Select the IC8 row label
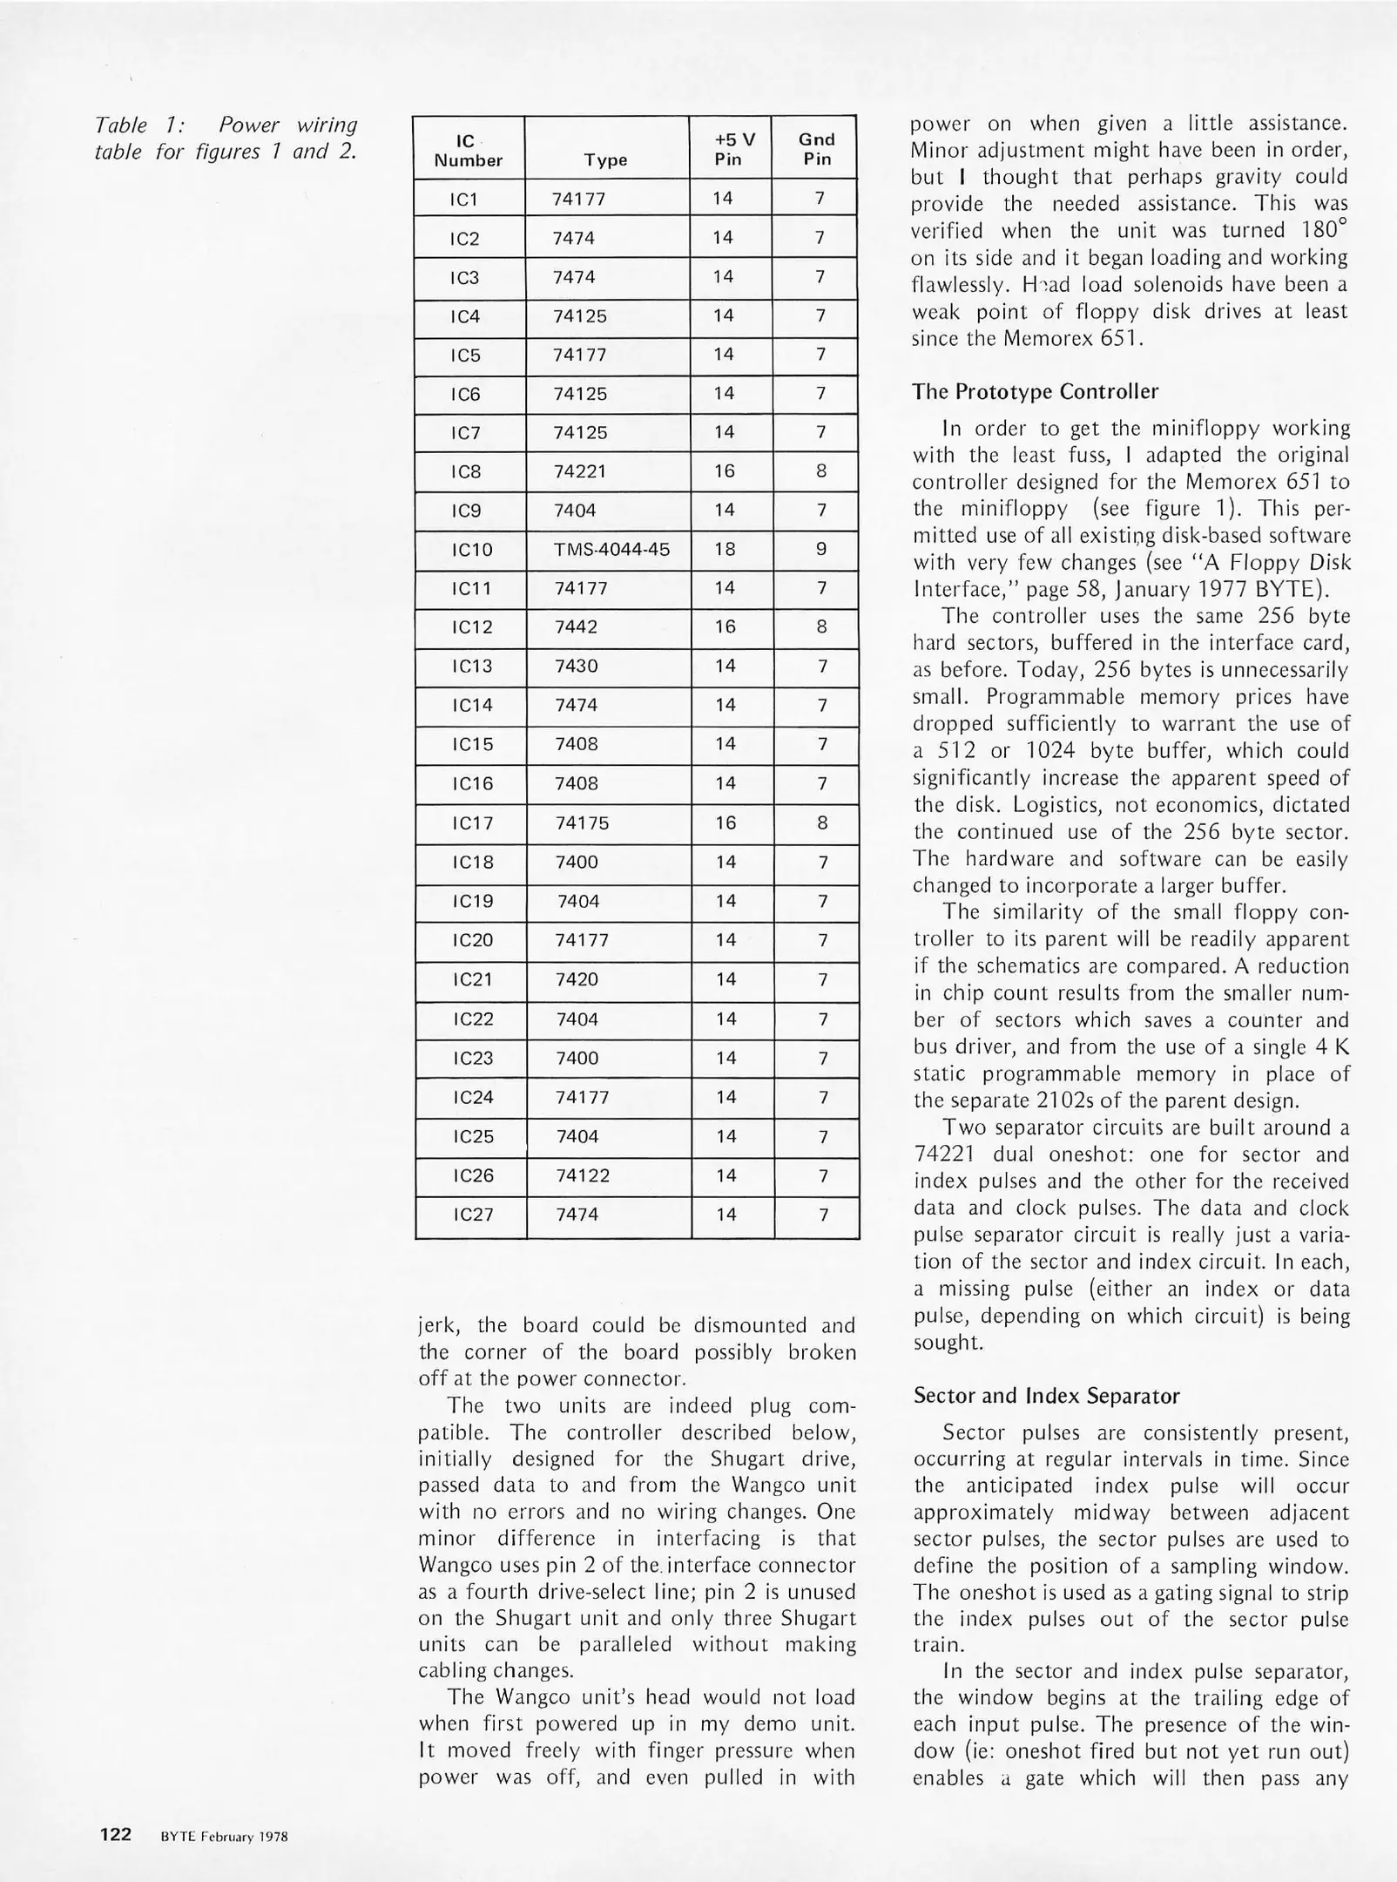tap(466, 471)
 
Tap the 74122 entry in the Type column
tap(583, 1175)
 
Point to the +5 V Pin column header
tap(730, 149)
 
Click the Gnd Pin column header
tap(816, 149)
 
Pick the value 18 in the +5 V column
tap(725, 549)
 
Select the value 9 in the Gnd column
tap(820, 549)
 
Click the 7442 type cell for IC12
tap(576, 627)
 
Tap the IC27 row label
tap(473, 1215)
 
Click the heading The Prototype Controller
tap(1035, 392)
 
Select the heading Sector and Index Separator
tap(1046, 1396)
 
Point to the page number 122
tap(116, 1834)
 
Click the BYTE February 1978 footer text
tap(224, 1836)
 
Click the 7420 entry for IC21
tap(577, 979)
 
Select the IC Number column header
tap(468, 150)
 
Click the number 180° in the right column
tap(1319, 231)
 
